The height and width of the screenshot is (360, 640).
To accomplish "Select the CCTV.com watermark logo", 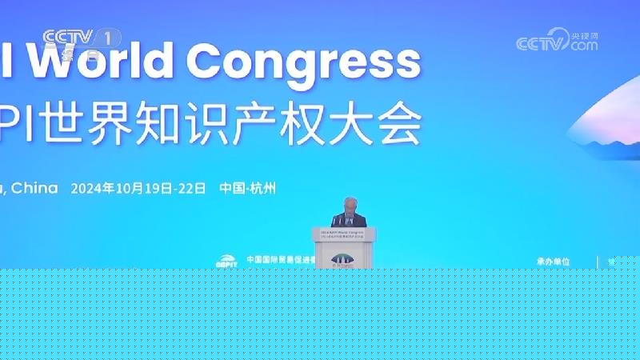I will tap(557, 41).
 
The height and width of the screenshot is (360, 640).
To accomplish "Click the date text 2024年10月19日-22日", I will tap(138, 189).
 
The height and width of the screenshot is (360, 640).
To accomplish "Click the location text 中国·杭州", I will tap(247, 189).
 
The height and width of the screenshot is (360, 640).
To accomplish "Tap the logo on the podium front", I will tap(343, 258).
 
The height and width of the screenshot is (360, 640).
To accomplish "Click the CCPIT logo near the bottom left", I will tap(227, 261).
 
